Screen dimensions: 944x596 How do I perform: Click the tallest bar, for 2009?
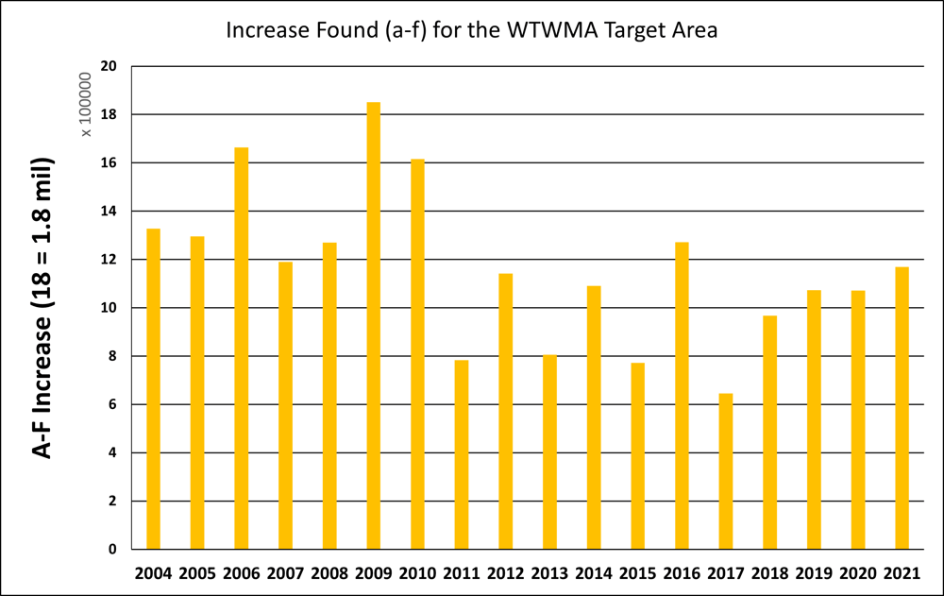tap(373, 326)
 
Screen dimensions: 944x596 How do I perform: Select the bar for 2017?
tap(726, 471)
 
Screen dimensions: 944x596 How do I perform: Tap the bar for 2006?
tap(242, 349)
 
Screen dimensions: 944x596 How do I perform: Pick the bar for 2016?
tap(683, 396)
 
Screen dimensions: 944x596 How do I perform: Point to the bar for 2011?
tap(462, 454)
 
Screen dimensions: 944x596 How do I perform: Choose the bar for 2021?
tap(902, 408)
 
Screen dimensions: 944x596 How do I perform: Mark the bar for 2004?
tap(154, 389)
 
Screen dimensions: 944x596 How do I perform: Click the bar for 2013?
tap(549, 452)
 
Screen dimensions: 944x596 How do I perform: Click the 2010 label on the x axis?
tap(417, 573)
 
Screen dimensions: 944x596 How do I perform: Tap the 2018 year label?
tap(770, 573)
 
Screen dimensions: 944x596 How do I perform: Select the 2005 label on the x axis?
tap(197, 573)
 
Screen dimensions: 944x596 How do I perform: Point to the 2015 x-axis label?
tap(637, 573)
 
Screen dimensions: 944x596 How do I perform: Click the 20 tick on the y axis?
tap(109, 66)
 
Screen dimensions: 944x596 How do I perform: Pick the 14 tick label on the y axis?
tap(109, 211)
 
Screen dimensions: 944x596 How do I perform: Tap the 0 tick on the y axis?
tap(112, 549)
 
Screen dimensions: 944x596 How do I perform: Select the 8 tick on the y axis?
tap(112, 356)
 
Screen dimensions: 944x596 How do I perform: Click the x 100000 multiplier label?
tap(86, 104)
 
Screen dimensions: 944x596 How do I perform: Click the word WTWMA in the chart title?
tap(552, 30)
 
